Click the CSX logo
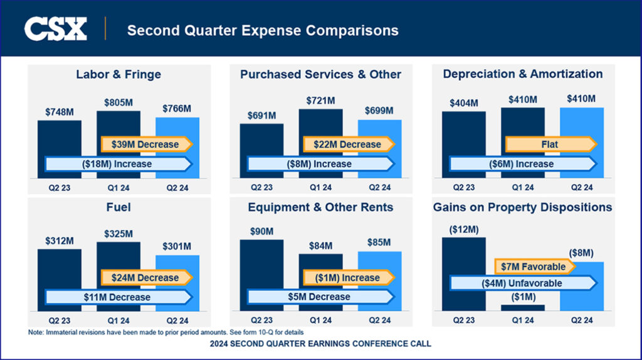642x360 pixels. [x=55, y=29]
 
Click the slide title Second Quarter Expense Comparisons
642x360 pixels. [x=263, y=30]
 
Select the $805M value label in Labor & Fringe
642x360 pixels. [x=118, y=102]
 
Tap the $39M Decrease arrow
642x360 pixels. [x=145, y=144]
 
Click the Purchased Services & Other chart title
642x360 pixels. [x=320, y=74]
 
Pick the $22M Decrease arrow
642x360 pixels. [x=348, y=144]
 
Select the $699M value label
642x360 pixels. [x=379, y=111]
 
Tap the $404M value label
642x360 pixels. [x=463, y=103]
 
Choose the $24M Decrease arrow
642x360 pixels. [x=145, y=278]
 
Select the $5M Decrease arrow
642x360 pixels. [x=320, y=297]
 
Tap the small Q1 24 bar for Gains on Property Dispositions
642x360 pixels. [x=522, y=307]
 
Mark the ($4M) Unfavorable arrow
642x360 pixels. [x=522, y=283]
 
